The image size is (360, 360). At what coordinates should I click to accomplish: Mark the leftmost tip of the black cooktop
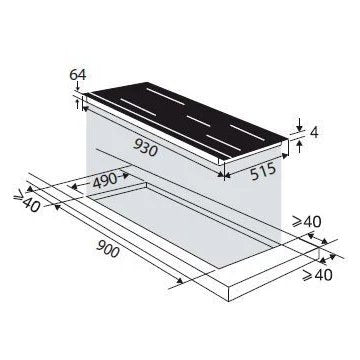point(84,96)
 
